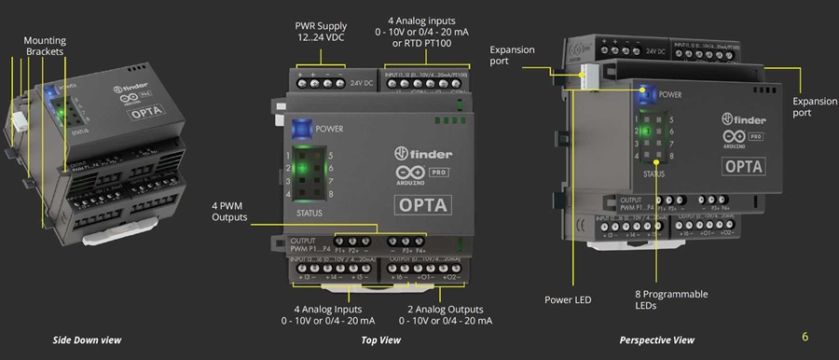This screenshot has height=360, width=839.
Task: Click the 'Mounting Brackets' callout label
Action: (45, 48)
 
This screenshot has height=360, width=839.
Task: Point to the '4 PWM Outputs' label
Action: (228, 210)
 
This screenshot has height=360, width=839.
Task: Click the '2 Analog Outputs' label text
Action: (447, 314)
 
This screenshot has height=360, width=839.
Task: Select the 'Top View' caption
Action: (380, 340)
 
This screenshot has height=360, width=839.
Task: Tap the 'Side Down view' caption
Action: (87, 340)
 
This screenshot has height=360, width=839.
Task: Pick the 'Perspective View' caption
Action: (657, 340)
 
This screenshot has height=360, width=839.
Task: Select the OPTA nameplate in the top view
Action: (425, 204)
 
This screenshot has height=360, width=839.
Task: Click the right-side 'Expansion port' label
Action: (814, 105)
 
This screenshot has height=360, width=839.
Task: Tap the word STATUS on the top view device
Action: (309, 213)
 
